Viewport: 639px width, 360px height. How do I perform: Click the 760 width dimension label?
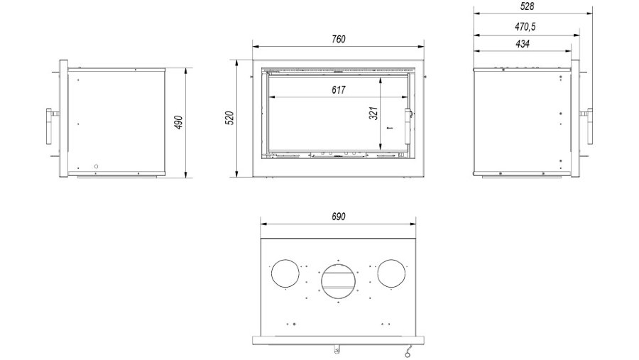tap(338, 39)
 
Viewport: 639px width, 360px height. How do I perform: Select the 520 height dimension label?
tap(230, 118)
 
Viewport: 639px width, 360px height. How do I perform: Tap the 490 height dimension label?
tap(178, 122)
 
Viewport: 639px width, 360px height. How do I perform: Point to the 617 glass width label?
tap(338, 89)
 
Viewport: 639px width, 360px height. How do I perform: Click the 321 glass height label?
tap(373, 114)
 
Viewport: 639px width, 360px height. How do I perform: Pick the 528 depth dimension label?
tap(527, 6)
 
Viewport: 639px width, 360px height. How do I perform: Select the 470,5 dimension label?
tap(525, 27)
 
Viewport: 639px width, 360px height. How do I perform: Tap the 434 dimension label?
tap(523, 43)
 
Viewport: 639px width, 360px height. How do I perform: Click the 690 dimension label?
tap(338, 217)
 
